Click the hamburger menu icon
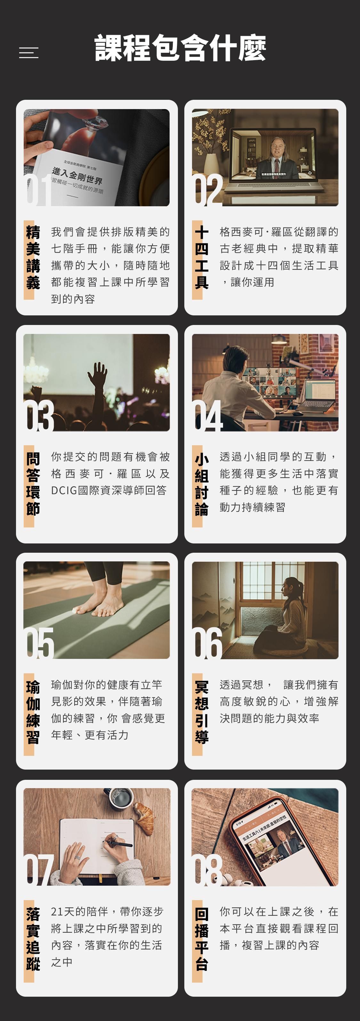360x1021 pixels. click(x=28, y=53)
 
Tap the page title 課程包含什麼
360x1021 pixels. click(x=180, y=48)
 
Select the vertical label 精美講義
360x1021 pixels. click(x=33, y=257)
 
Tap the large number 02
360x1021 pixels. click(x=209, y=190)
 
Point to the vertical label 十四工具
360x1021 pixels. click(x=201, y=257)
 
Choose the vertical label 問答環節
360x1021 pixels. click(x=33, y=484)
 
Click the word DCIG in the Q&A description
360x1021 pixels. click(x=64, y=490)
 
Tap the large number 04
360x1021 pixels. click(x=209, y=416)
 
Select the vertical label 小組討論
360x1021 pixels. click(x=201, y=484)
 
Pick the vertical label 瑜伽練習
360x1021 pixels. click(x=33, y=712)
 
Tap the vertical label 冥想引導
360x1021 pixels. click(x=201, y=712)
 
